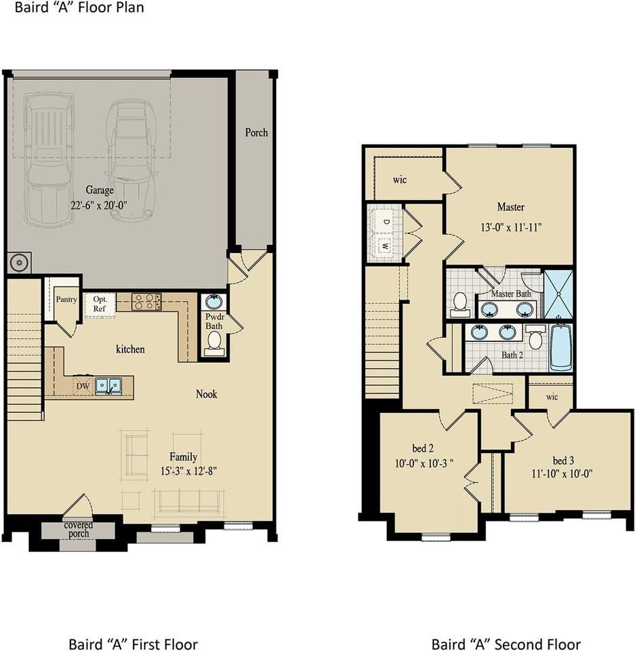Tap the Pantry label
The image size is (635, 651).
(x=66, y=299)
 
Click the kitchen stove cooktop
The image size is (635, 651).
(x=146, y=301)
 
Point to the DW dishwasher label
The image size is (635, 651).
(x=83, y=387)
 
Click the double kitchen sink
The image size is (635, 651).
(x=108, y=386)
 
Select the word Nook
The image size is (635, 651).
(x=207, y=393)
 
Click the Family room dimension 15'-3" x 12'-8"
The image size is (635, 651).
(x=184, y=470)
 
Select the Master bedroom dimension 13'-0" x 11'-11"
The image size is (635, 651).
(x=510, y=228)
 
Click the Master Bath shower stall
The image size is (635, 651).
(x=559, y=294)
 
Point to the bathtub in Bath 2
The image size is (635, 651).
(x=560, y=347)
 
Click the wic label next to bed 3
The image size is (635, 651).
(x=552, y=397)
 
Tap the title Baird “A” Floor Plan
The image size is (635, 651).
(x=72, y=8)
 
